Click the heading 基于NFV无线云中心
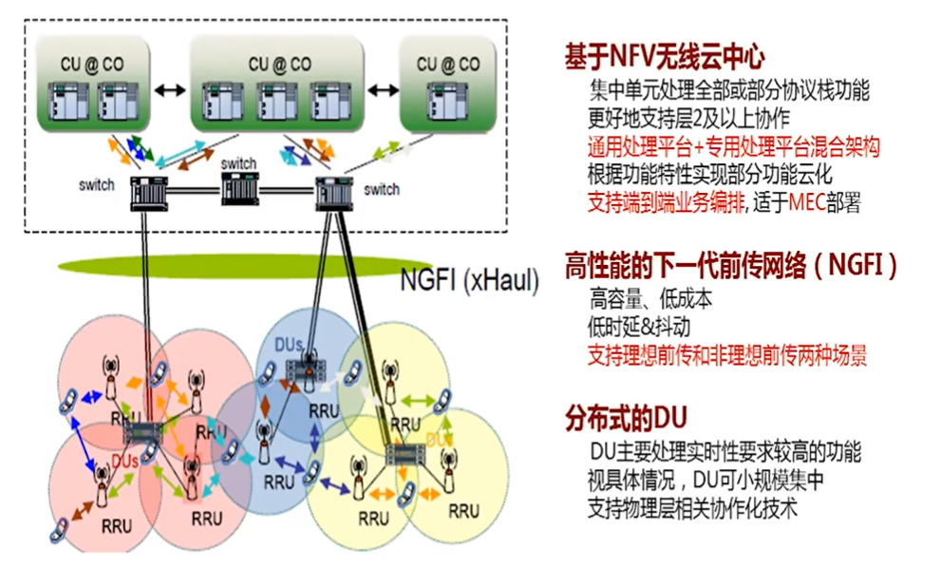point(664,56)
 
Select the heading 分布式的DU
point(626,418)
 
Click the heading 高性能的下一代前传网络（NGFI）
point(730,263)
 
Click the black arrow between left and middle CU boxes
point(167,89)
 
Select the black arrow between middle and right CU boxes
point(383,89)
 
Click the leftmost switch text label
point(97,184)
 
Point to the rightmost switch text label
point(382,190)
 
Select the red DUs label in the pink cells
point(126,459)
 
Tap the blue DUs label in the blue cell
point(291,342)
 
